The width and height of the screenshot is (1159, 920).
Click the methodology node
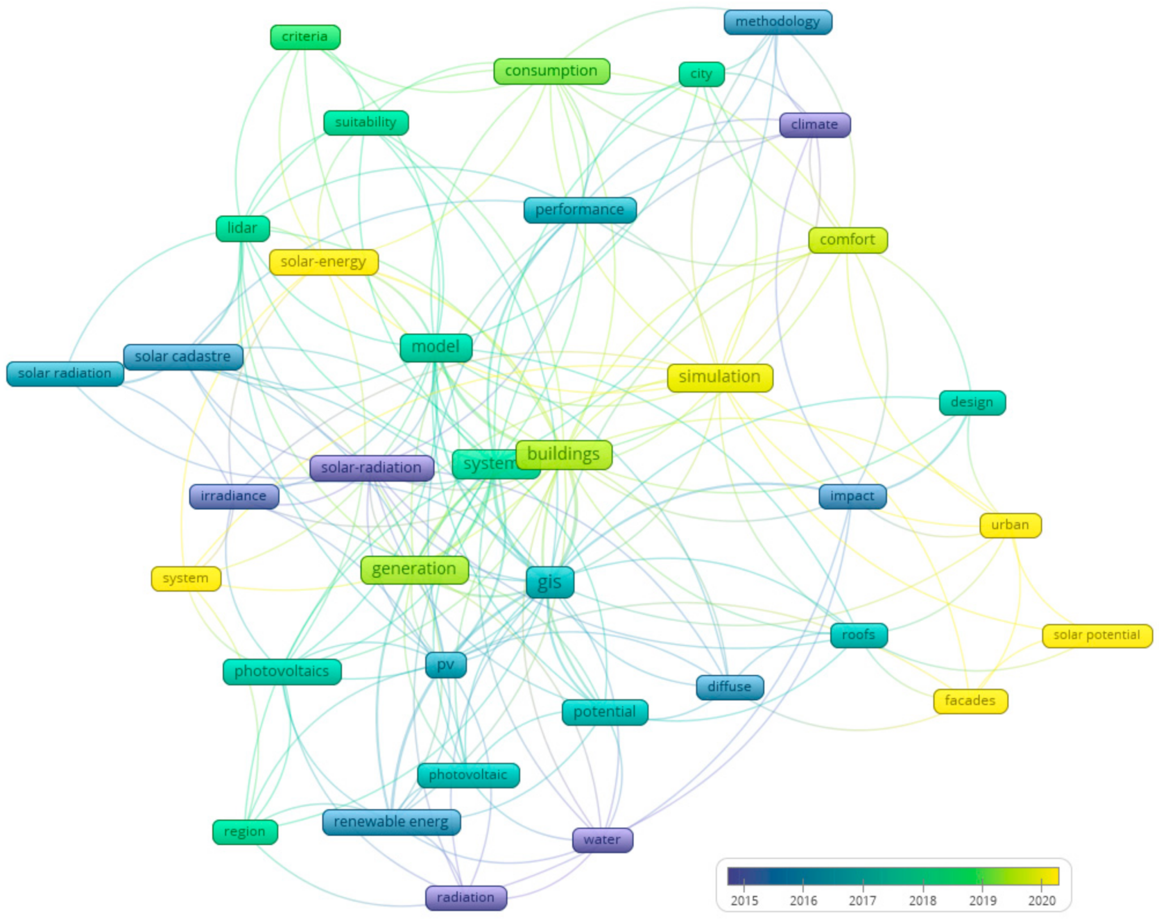click(x=777, y=22)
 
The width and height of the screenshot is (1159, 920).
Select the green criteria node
click(x=305, y=37)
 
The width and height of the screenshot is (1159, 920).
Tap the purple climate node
click(x=814, y=125)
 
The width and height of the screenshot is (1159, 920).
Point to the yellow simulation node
click(x=719, y=377)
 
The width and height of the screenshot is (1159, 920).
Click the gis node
click(x=549, y=582)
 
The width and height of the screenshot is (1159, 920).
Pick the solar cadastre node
click(x=183, y=357)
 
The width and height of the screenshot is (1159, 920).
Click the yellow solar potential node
click(x=1097, y=635)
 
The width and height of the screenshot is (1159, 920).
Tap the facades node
click(x=970, y=701)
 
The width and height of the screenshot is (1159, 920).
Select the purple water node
click(x=602, y=840)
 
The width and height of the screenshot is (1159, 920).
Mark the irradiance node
click(x=233, y=496)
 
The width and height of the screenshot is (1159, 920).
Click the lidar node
click(x=242, y=228)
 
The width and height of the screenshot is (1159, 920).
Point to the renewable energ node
click(x=391, y=822)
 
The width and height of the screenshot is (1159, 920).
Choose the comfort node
click(x=847, y=240)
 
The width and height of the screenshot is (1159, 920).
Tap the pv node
click(x=446, y=665)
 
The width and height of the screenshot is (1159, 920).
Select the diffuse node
click(x=729, y=687)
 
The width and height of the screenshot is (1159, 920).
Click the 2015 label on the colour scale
click(x=744, y=901)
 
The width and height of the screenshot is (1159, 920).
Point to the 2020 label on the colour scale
click(x=1041, y=901)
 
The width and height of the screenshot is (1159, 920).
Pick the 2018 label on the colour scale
click(x=922, y=901)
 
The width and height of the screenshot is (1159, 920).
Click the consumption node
click(x=551, y=71)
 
